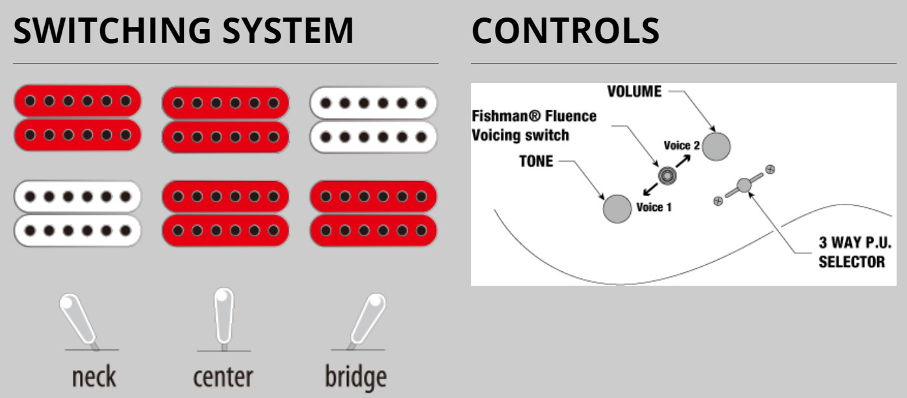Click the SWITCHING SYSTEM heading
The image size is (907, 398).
(x=184, y=31)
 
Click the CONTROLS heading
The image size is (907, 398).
(x=565, y=31)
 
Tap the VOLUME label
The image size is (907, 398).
(x=634, y=92)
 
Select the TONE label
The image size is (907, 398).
(x=537, y=161)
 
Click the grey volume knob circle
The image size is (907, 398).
(x=716, y=146)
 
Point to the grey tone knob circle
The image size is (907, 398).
(x=617, y=208)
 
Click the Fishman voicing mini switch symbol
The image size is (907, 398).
(x=667, y=175)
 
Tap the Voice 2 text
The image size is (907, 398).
(x=682, y=145)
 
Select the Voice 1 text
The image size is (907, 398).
(x=654, y=207)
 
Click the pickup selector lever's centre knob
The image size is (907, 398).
(x=744, y=185)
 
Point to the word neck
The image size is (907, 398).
(x=94, y=377)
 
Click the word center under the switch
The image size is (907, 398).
(x=223, y=377)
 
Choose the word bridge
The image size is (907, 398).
(x=355, y=377)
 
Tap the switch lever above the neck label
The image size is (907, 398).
(x=79, y=320)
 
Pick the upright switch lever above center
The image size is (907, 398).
(x=224, y=316)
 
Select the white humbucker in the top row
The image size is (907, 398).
(x=373, y=119)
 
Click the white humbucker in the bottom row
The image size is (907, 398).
(x=77, y=213)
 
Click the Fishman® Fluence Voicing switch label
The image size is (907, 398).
(x=533, y=125)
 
